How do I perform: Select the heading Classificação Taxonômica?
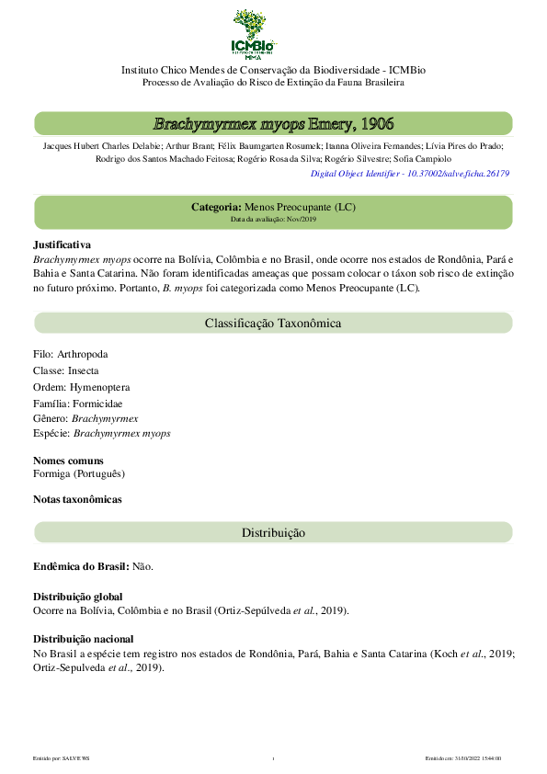pos(273,324)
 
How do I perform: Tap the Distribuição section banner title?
pos(273,533)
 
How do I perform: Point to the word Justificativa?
pos(62,245)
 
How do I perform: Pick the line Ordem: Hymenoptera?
pos(81,387)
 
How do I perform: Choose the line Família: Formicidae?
pos(77,403)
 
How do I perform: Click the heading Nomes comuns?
pos(68,461)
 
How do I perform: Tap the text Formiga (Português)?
pos(79,473)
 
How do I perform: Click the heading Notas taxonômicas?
pos(77,500)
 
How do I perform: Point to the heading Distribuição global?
pos(77,597)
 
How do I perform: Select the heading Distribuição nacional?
pos(83,639)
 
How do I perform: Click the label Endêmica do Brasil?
pos(82,566)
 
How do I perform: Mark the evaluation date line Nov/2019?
pos(273,220)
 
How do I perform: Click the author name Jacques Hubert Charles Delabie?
pos(102,145)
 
